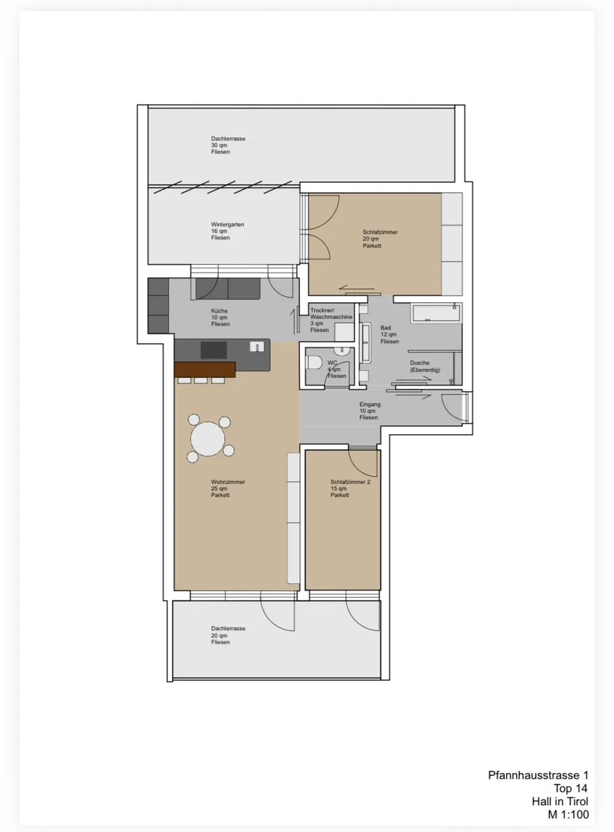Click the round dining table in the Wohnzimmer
[x=207, y=439]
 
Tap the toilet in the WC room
[x=315, y=363]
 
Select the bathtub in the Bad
[x=435, y=313]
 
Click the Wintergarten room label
[x=227, y=231]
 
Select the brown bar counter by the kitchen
[x=205, y=370]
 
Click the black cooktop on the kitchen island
[x=213, y=350]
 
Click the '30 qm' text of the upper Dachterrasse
[x=219, y=145]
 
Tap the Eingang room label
[x=369, y=410]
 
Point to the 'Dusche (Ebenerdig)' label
[x=425, y=366]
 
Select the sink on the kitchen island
[x=257, y=347]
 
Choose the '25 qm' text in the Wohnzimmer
[x=219, y=489]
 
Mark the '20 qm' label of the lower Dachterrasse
[x=219, y=636]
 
